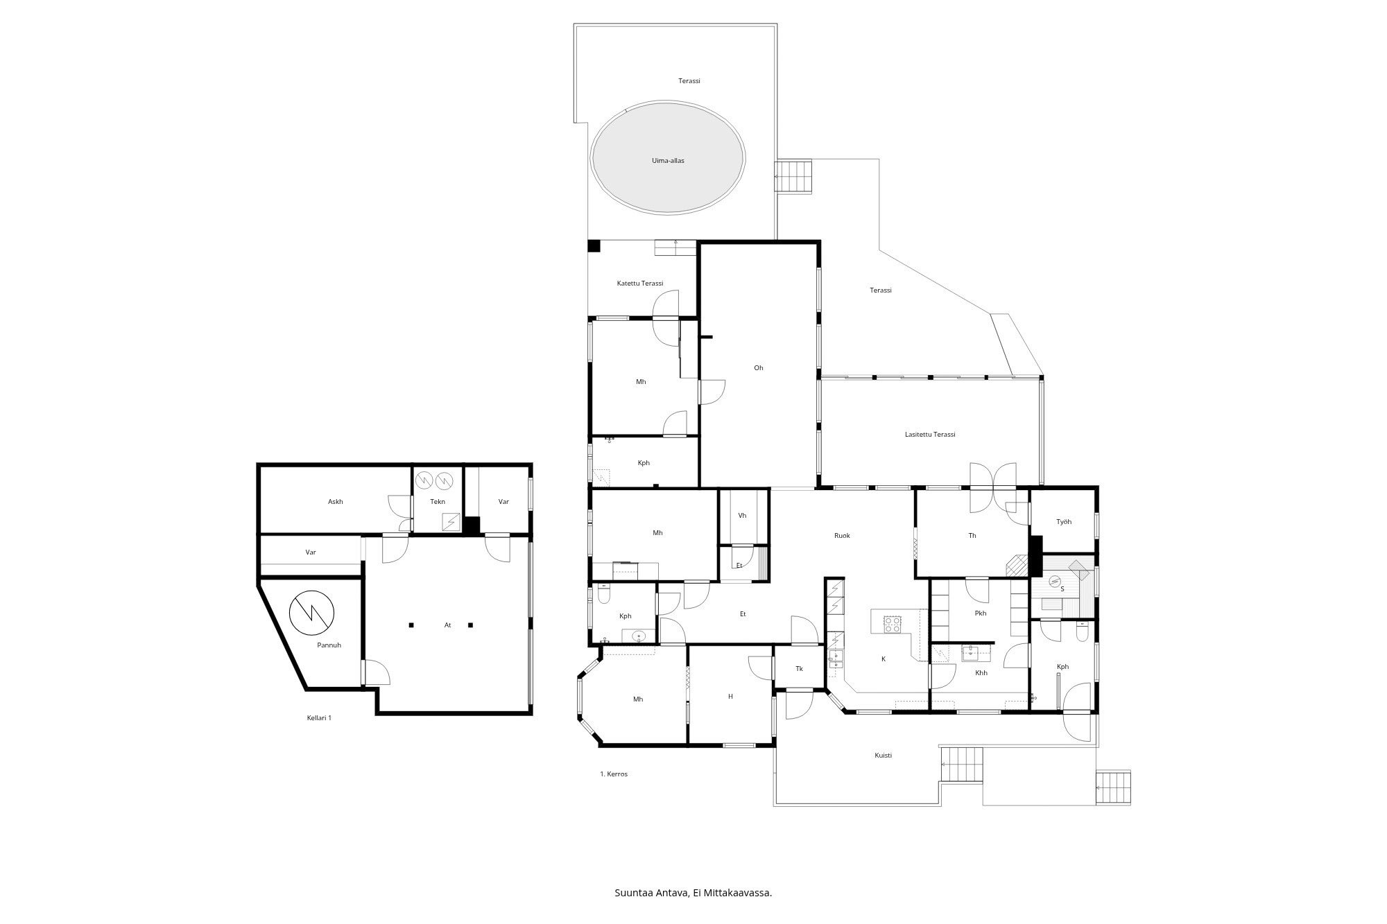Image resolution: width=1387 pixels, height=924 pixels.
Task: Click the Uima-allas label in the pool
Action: coord(668,160)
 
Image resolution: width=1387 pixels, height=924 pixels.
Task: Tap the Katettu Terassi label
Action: coord(640,283)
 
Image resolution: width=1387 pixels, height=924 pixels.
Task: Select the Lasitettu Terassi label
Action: coord(930,434)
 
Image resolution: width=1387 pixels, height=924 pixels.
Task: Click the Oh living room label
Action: coord(759,367)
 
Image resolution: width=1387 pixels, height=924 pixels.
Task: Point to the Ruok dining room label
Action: coord(842,535)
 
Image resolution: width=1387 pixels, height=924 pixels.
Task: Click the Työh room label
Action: coord(1064,521)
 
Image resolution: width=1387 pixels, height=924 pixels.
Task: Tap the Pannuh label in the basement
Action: coord(329,645)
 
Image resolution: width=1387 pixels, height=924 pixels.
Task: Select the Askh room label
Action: coord(336,501)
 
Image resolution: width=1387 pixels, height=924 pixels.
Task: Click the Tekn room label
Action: coord(438,501)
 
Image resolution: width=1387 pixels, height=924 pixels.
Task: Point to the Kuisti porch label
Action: coord(883,755)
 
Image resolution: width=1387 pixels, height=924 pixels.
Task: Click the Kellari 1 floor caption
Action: coord(319,717)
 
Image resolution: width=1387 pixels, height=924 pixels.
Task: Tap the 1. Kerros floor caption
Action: coord(614,774)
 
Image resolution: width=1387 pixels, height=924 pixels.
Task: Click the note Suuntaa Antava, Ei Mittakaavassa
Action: coord(693,893)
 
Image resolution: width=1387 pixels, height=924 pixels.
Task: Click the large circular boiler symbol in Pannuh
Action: coord(311,612)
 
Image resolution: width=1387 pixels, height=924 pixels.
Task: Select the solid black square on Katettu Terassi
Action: coord(594,245)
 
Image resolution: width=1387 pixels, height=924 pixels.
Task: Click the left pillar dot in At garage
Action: coord(411,625)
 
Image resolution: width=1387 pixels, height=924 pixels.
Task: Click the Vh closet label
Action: coord(742,515)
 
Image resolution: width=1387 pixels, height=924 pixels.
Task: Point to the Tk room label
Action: coord(799,668)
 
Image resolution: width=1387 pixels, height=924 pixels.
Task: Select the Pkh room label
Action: coord(980,613)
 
